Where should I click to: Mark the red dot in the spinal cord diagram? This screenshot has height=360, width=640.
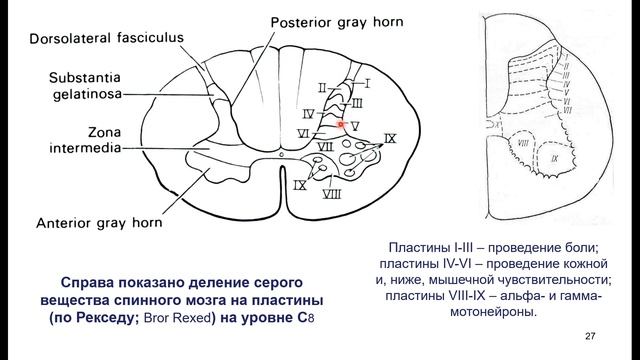pyautogui.click(x=341, y=124)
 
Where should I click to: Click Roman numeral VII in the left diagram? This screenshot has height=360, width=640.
pyautogui.click(x=324, y=146)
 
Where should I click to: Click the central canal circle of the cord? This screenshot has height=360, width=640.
pyautogui.click(x=282, y=158)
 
